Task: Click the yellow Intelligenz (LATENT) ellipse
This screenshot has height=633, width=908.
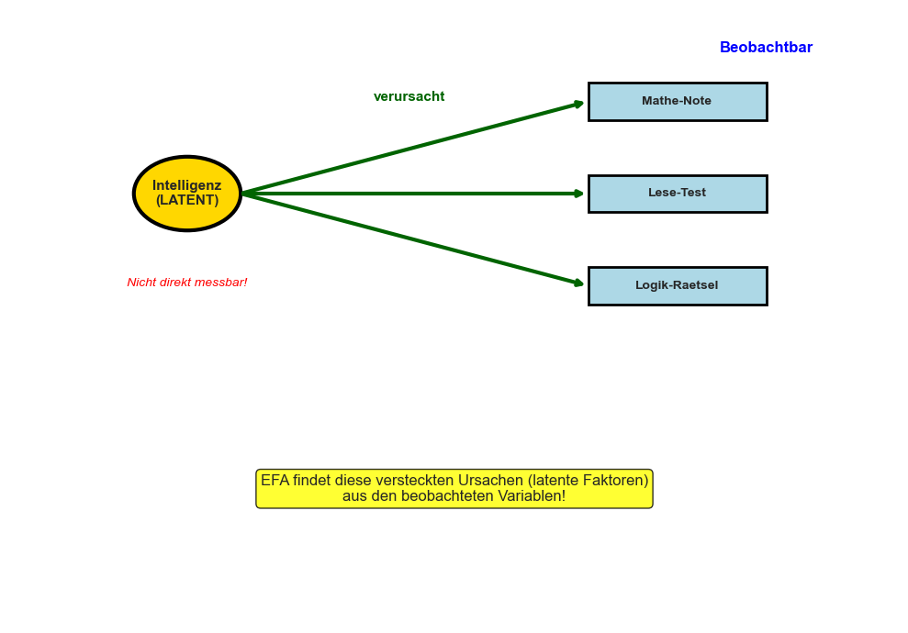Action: click(186, 194)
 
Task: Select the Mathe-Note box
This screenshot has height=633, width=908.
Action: click(677, 102)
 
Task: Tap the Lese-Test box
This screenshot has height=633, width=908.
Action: click(677, 194)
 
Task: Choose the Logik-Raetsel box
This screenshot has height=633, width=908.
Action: click(677, 286)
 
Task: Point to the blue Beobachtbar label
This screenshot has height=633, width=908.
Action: click(766, 48)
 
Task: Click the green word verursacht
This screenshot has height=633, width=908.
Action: click(409, 97)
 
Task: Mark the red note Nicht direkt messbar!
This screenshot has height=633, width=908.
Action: click(187, 283)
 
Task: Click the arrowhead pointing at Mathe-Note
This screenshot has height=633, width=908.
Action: click(579, 104)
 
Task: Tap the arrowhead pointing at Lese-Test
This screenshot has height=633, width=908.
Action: click(579, 194)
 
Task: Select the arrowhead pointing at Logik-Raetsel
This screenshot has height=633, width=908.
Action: click(579, 283)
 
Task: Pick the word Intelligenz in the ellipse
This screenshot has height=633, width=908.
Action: click(186, 185)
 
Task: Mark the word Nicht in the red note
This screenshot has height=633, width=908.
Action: click(141, 283)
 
